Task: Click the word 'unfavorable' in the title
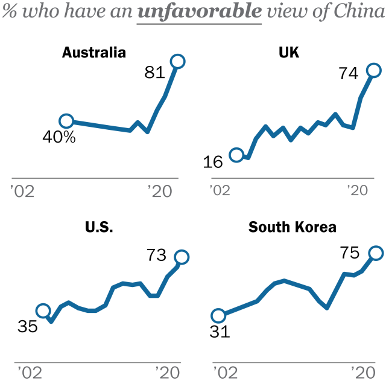tap(199, 11)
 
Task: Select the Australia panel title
tap(94, 53)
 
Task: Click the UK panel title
tap(289, 53)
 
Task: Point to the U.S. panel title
tap(99, 228)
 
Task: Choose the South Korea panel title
tap(293, 228)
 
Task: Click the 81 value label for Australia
tap(155, 72)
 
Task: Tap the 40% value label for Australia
tap(59, 137)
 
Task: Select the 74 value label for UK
tap(349, 73)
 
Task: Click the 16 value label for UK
tap(213, 162)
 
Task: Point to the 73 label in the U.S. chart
tap(156, 256)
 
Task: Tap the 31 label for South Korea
tap(220, 332)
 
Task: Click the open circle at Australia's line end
tap(177, 61)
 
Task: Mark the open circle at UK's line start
tap(236, 155)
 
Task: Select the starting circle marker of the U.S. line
tap(43, 311)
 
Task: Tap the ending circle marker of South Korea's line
tap(376, 253)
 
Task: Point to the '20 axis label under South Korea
tap(360, 369)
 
